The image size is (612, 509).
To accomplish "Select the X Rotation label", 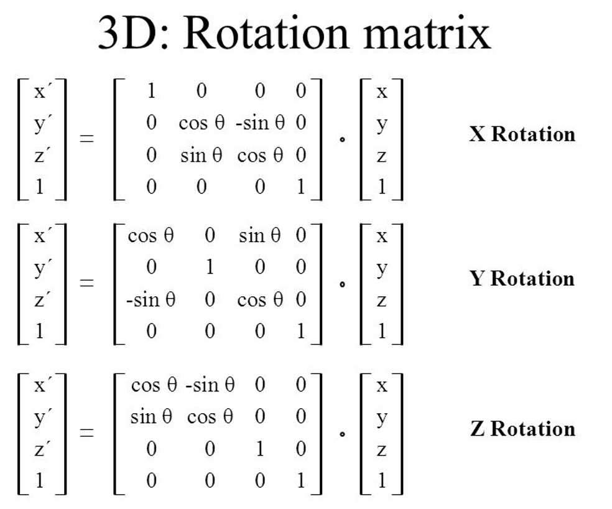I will click(x=522, y=134).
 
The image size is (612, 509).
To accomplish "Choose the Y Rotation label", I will click(x=522, y=278).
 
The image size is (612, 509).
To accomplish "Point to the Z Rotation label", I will click(x=522, y=429).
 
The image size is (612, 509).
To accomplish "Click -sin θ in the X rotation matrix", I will click(x=260, y=123).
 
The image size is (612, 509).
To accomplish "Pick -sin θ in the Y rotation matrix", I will click(x=151, y=301).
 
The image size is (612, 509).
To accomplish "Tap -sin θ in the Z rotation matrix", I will click(x=210, y=385).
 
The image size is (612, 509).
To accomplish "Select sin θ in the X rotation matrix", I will click(x=201, y=155).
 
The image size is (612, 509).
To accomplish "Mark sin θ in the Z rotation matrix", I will click(x=151, y=416).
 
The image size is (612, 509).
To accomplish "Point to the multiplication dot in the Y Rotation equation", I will click(x=341, y=284).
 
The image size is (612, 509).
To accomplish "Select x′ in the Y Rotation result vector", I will click(x=41, y=236).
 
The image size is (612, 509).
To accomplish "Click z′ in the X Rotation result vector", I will click(x=41, y=156).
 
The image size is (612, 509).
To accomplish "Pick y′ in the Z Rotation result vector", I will click(x=41, y=418).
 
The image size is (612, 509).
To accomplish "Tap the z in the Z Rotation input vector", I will click(x=381, y=449).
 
